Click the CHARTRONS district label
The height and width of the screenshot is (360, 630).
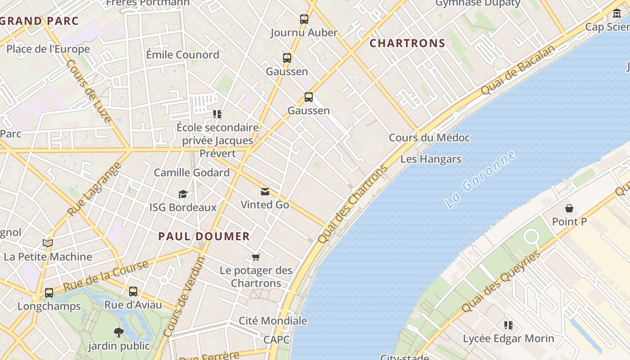(407, 44)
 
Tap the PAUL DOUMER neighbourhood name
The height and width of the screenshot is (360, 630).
(204, 237)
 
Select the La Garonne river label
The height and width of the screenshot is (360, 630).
(480, 179)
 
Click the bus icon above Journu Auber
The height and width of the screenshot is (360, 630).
(304, 19)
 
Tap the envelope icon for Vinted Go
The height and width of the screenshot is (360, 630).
(265, 192)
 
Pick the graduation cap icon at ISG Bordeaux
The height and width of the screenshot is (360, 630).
(183, 194)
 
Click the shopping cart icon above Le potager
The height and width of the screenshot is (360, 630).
(256, 257)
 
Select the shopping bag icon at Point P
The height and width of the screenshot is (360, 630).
(569, 208)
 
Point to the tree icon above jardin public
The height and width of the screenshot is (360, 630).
(119, 333)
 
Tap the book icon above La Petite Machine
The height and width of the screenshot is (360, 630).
(48, 243)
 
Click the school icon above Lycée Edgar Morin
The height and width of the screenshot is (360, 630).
(508, 325)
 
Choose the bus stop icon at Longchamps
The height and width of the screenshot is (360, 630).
(49, 292)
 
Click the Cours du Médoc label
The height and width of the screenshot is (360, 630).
(429, 138)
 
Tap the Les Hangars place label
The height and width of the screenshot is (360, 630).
(431, 159)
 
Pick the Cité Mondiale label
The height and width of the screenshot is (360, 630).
(273, 321)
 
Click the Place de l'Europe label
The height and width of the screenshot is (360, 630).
(48, 49)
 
